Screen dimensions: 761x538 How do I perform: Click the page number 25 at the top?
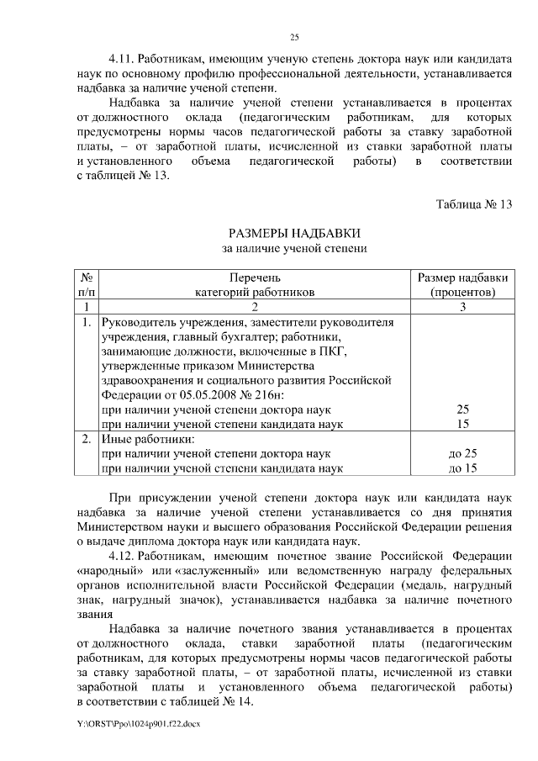(x=295, y=35)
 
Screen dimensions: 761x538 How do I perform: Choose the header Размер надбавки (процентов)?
(x=462, y=285)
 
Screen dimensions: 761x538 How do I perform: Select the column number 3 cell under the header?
(x=462, y=307)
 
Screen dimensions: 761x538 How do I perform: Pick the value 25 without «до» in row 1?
(x=462, y=410)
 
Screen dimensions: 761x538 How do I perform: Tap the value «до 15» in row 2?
(x=462, y=468)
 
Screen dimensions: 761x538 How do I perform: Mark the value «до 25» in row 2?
(x=462, y=454)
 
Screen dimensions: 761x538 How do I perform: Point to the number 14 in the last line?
(x=244, y=701)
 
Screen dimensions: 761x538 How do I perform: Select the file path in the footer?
(x=139, y=723)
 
